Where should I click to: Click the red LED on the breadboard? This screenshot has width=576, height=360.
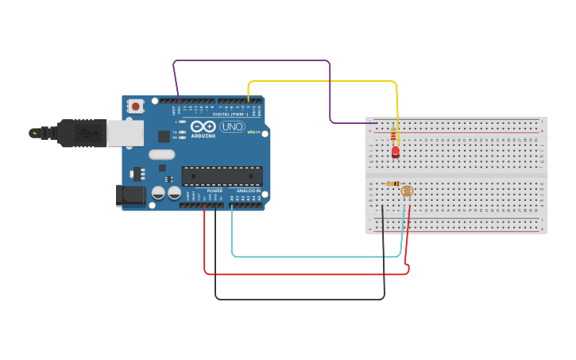[x=395, y=151]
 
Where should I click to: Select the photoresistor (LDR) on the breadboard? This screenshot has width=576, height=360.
[x=407, y=192]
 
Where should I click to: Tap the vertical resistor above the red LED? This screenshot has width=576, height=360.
[x=394, y=134]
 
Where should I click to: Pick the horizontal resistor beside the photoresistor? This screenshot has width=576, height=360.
[x=392, y=184]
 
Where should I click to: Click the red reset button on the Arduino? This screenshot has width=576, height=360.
[x=136, y=106]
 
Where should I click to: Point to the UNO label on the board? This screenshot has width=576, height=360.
[x=232, y=127]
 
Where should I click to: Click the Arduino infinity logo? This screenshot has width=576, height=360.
[x=203, y=127]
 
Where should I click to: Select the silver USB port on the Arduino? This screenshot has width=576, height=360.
[x=125, y=133]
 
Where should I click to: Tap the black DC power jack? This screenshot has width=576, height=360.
[x=130, y=195]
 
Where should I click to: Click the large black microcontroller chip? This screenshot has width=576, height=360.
[x=222, y=176]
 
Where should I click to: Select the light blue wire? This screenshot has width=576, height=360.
[x=318, y=257]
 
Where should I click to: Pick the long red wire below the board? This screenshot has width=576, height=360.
[x=310, y=274]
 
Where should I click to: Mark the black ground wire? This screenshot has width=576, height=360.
[x=302, y=300]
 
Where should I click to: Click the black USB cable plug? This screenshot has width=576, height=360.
[x=79, y=133]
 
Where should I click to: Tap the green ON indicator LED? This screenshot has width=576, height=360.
[x=251, y=132]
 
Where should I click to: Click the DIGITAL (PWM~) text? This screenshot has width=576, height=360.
[x=230, y=114]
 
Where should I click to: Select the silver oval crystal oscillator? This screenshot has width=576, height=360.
[x=161, y=155]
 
